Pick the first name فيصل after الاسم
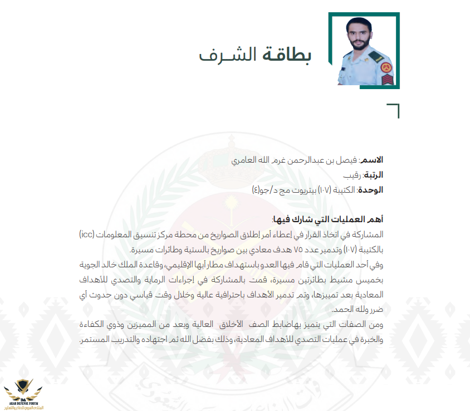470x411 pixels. (x=347, y=160)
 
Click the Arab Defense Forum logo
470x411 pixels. (x=21, y=393)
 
